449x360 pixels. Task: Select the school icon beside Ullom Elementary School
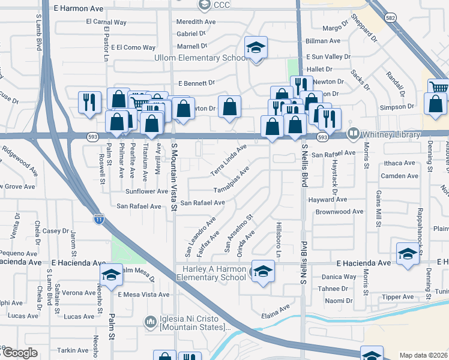[x=256, y=49]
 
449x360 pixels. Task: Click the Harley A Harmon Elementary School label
[x=212, y=273]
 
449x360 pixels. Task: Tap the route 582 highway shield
[x=391, y=19]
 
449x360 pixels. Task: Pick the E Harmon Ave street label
[x=79, y=8]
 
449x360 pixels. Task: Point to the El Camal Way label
[x=106, y=22]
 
